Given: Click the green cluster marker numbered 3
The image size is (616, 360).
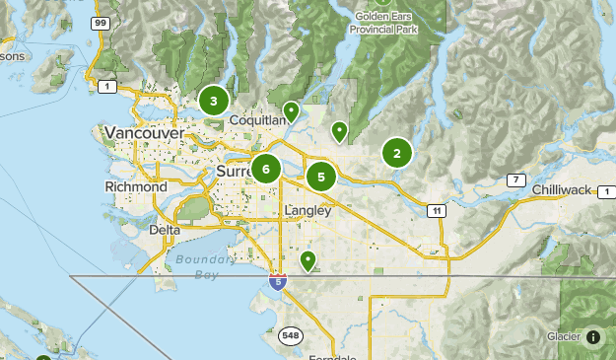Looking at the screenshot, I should tap(213, 101).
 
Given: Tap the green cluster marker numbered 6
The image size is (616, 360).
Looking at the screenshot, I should tap(265, 169).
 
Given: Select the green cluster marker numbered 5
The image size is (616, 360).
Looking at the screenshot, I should tap(320, 177).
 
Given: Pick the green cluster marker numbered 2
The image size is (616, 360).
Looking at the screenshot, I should tap(396, 153).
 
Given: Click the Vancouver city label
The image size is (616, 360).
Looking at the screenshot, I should tap(143, 132).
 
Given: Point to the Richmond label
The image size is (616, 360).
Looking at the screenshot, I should tap(136, 186).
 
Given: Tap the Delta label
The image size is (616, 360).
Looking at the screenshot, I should tap(165, 230).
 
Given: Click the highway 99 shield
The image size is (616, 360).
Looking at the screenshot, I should tap(100, 21).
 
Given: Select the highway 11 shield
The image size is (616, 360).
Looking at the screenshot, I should tap(435, 210).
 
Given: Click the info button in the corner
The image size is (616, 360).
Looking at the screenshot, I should tap(592, 336).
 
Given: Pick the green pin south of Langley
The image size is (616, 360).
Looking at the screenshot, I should tap(308, 260).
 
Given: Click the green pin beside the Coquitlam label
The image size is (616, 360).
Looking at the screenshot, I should tap(291, 110).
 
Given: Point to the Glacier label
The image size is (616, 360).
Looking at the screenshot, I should tap(563, 336).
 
